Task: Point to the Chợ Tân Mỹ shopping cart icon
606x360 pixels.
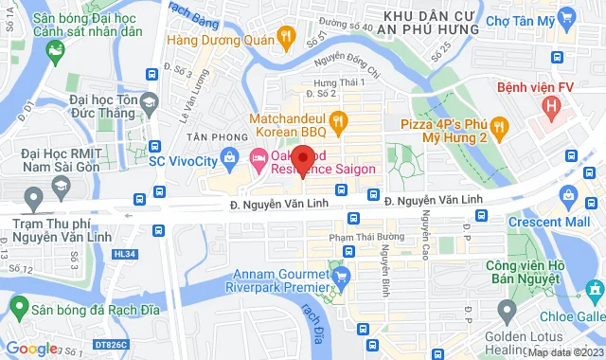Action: (567, 18)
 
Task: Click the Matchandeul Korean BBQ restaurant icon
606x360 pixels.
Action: (341, 120)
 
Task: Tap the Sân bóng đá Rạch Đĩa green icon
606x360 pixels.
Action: (16, 305)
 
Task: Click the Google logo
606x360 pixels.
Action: (31, 348)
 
